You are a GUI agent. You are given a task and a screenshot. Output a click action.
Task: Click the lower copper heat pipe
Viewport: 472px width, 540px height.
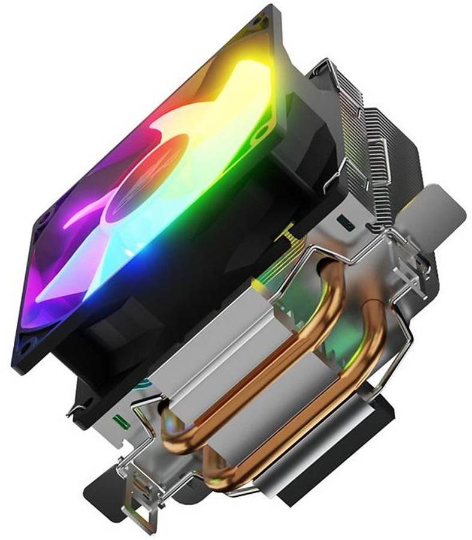tap(311, 420)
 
